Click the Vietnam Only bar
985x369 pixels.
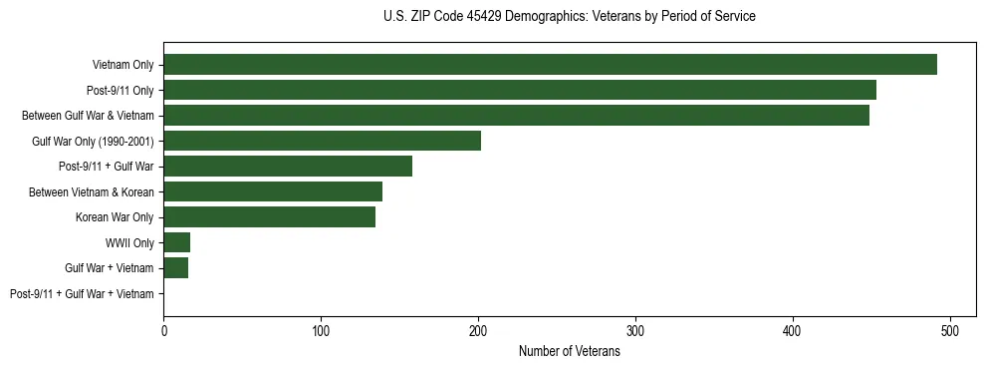(x=550, y=65)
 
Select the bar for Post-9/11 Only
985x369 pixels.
(x=520, y=90)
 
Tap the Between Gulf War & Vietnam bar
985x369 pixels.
(x=516, y=116)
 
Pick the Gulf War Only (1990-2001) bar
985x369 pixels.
(x=322, y=141)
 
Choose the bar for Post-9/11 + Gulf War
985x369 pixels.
(x=288, y=167)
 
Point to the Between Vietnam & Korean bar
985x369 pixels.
(x=273, y=191)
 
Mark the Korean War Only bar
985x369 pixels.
(x=269, y=217)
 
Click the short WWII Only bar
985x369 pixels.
(x=176, y=242)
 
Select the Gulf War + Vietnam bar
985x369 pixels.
(x=175, y=267)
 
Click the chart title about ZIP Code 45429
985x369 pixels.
(x=569, y=17)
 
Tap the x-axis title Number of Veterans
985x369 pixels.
(x=569, y=351)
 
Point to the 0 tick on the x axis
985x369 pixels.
(x=163, y=329)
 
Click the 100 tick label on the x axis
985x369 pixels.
(x=321, y=329)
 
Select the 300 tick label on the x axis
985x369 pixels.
(x=635, y=329)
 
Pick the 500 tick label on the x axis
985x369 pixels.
(x=950, y=329)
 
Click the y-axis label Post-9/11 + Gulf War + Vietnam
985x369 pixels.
(x=82, y=293)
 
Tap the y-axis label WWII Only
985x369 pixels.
(x=129, y=242)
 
